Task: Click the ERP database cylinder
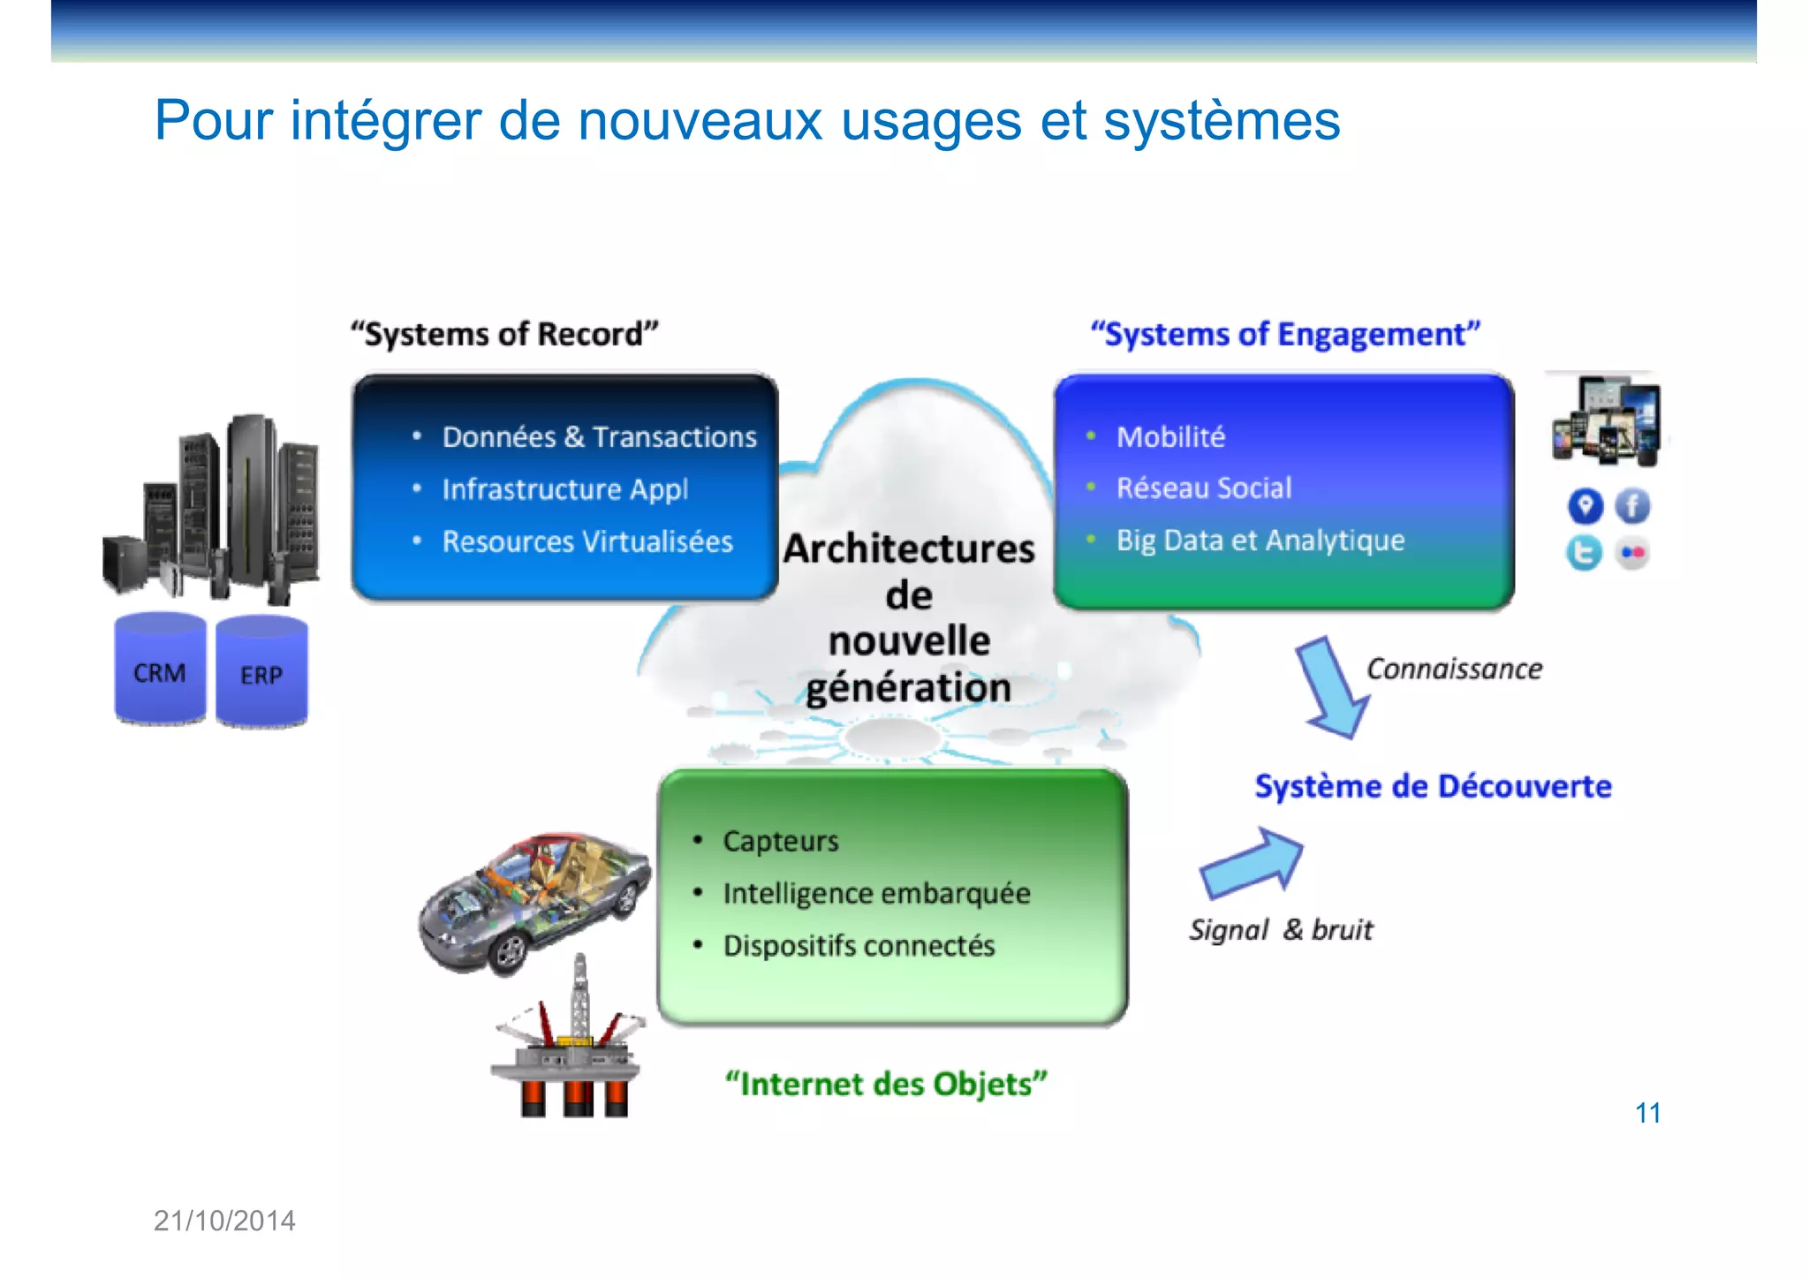261,672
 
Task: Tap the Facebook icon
1632,506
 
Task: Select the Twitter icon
1584,553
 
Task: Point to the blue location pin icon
1586,506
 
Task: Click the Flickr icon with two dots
1632,553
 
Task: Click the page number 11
1647,1113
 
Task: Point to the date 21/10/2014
224,1221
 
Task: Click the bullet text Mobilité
1170,437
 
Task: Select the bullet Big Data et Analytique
1260,541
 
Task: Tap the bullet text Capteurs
780,841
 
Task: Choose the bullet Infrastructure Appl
564,489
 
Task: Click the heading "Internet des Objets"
886,1084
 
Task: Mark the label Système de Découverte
1433,786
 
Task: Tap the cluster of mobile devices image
1607,420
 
